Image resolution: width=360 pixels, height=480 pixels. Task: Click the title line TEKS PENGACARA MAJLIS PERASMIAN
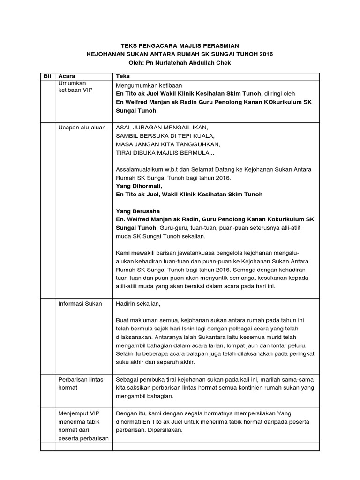180,45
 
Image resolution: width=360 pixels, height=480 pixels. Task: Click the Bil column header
46,76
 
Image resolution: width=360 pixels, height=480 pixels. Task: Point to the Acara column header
66,76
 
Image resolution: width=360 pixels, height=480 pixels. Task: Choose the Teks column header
123,76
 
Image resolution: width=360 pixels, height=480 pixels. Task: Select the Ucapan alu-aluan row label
82,127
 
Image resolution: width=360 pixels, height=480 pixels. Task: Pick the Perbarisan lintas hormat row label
81,383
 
